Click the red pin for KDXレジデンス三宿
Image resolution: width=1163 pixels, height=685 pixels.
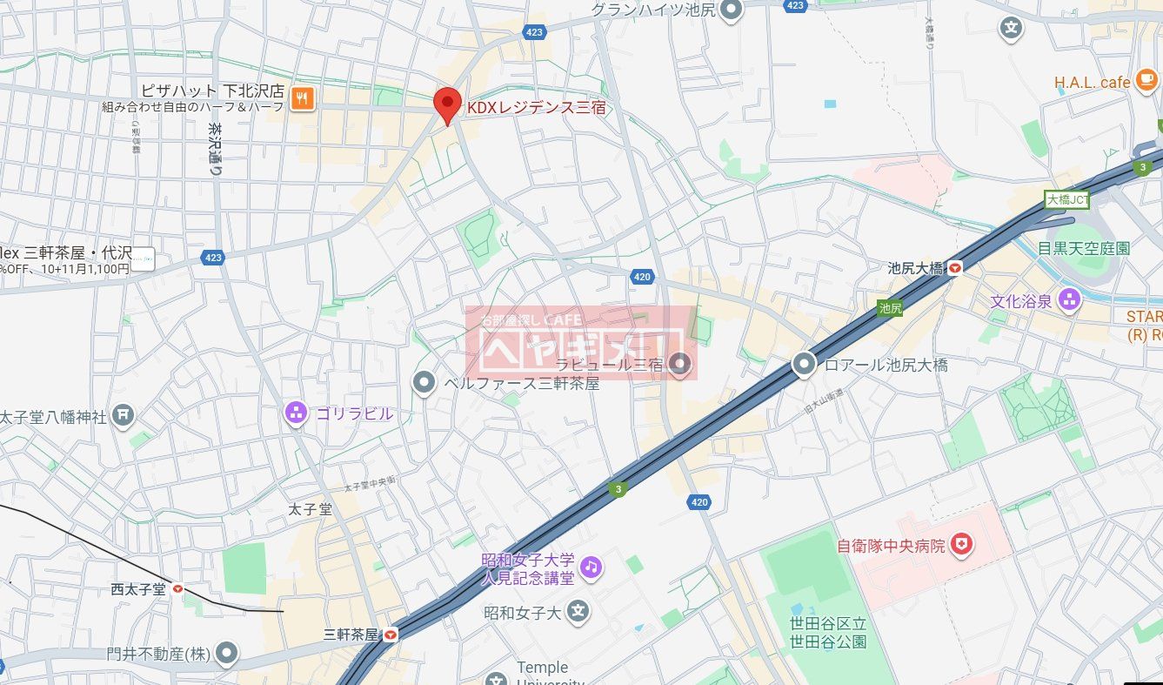coord(447,105)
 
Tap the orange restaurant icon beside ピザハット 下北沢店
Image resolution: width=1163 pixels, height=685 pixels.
coord(302,97)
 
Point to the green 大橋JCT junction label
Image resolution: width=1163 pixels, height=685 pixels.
coord(1066,199)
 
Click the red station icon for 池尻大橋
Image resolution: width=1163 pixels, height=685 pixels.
coord(955,268)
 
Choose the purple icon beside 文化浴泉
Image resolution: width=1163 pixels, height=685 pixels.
coord(1068,301)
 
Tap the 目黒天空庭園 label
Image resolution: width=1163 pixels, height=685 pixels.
coord(1083,248)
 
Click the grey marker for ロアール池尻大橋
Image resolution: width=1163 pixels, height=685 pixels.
coord(805,365)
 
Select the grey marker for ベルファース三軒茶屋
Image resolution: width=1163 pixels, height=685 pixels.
coord(424,382)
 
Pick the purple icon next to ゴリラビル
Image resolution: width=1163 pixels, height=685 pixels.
coord(296,413)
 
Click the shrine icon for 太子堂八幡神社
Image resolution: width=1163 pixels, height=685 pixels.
coord(124,416)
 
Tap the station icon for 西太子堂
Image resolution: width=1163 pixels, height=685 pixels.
coord(178,589)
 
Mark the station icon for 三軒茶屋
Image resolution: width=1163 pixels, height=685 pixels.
coord(391,635)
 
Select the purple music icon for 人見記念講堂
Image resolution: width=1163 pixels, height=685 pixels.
coord(592,567)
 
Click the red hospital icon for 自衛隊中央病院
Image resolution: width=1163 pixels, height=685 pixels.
coord(961,546)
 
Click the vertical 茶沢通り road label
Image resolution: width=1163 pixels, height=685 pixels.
coord(214,150)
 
